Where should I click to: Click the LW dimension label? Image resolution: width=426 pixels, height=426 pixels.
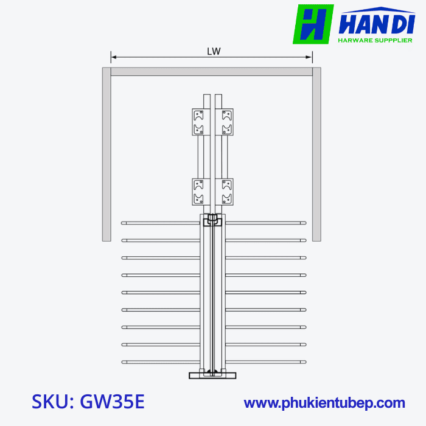(212, 52)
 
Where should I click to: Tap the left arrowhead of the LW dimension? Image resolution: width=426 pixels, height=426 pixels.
(113, 58)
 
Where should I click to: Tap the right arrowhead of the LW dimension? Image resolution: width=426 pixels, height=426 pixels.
(310, 58)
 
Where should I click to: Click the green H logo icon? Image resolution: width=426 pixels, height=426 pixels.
(313, 24)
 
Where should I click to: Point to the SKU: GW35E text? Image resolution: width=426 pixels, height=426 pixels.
(88, 402)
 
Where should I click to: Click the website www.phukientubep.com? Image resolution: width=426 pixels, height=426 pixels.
(324, 403)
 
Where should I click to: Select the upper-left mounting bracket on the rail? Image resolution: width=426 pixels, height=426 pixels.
(198, 122)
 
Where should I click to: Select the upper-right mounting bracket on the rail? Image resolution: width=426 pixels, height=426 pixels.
(227, 122)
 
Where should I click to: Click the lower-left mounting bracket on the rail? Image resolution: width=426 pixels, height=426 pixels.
(198, 192)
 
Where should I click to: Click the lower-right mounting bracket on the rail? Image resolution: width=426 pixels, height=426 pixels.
(227, 192)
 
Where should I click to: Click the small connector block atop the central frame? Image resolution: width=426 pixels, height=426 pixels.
(212, 220)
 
